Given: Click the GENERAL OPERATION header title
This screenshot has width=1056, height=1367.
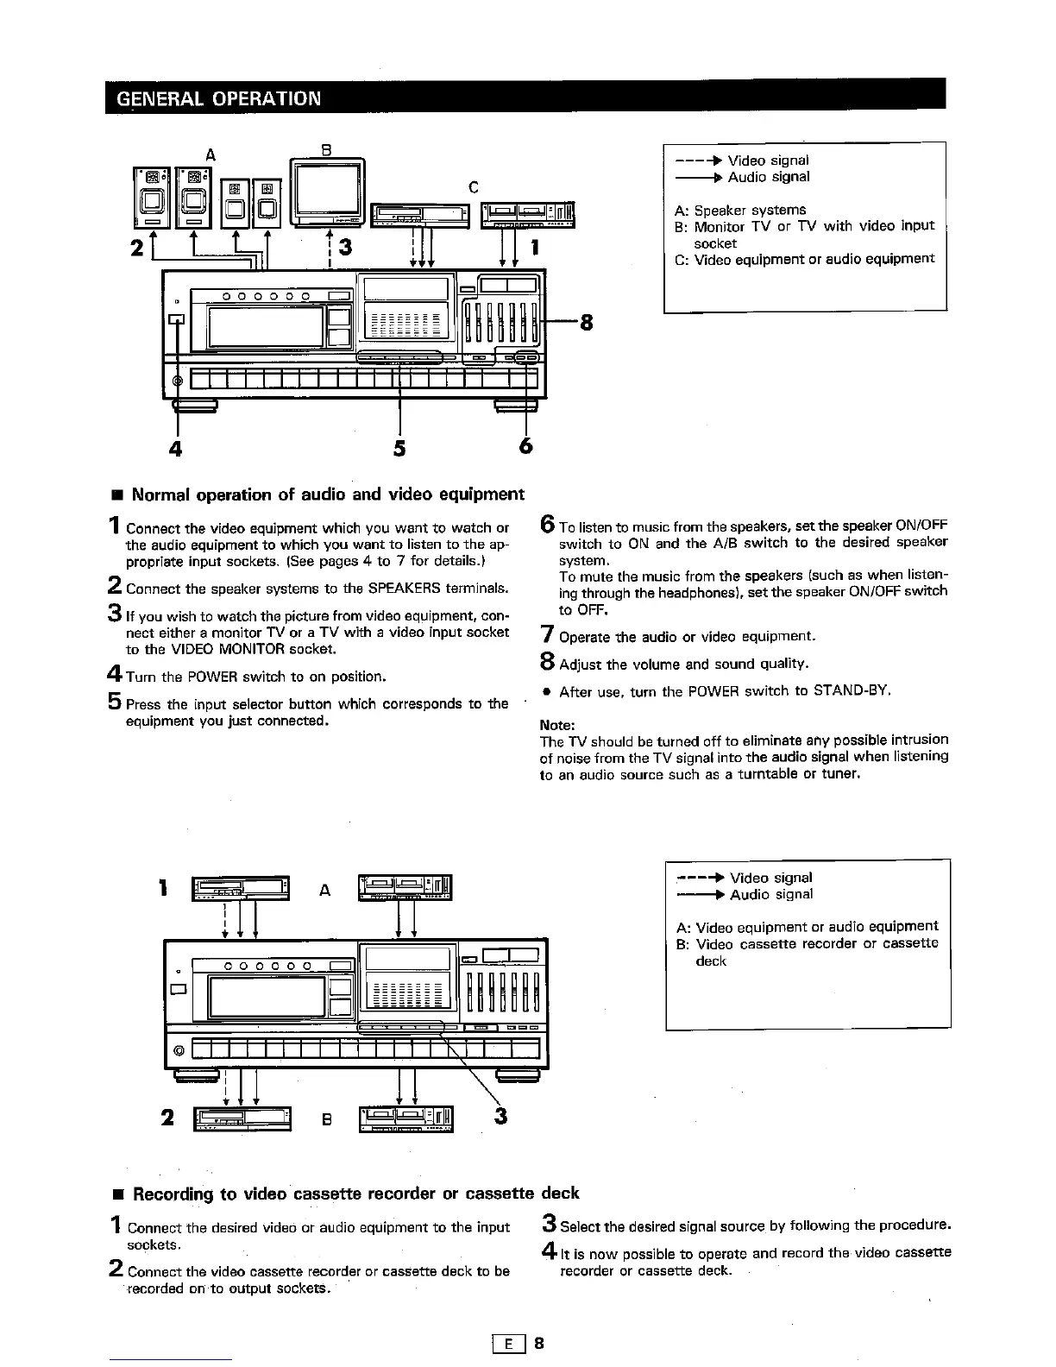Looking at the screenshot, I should pyautogui.click(x=218, y=97).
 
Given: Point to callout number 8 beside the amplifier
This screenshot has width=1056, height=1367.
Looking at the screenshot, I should pyautogui.click(x=587, y=324).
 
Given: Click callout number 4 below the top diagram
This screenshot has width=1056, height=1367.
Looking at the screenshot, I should pyautogui.click(x=177, y=449).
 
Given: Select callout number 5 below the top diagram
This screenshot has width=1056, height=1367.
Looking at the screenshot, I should pyautogui.click(x=399, y=449).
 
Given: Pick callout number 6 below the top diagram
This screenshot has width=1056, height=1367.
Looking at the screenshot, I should pyautogui.click(x=525, y=447).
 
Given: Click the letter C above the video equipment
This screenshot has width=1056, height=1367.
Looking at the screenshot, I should pyautogui.click(x=473, y=186).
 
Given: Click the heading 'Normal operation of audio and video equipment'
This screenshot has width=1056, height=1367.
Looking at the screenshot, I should pyautogui.click(x=328, y=495).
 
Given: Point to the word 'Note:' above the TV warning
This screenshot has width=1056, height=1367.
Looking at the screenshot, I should pyautogui.click(x=556, y=725).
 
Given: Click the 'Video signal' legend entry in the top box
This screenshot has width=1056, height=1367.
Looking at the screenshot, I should pyautogui.click(x=768, y=161).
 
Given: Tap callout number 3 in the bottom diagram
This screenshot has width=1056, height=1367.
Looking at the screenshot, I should pyautogui.click(x=502, y=1118).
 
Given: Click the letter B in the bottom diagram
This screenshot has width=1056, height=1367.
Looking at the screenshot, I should pyautogui.click(x=326, y=1120).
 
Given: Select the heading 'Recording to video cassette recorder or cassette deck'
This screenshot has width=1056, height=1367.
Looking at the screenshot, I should pyautogui.click(x=355, y=1194).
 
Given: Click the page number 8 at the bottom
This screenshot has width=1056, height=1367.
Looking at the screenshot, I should pyautogui.click(x=539, y=1344).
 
